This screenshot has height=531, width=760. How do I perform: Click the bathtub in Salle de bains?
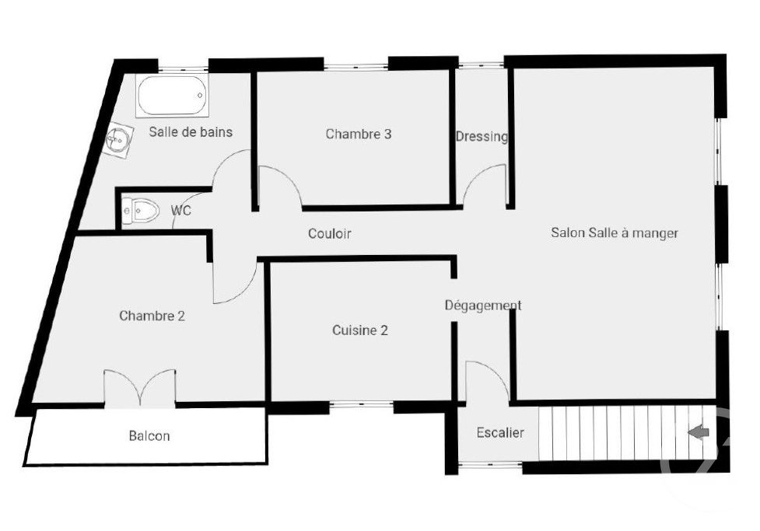[173, 96]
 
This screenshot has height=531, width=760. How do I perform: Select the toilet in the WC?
[141, 210]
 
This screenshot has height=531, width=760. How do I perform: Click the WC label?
[180, 211]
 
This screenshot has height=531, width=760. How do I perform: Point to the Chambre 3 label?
[358, 134]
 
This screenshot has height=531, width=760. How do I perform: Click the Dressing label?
[482, 137]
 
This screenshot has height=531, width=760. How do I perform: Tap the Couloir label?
[330, 233]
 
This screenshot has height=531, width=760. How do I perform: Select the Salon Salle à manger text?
[615, 232]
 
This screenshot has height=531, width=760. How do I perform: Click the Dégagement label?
[483, 306]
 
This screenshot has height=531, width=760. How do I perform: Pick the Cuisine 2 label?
[360, 330]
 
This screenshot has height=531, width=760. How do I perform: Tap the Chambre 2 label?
[152, 316]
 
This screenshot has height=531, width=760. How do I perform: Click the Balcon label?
[149, 436]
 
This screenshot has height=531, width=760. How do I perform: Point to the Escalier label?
[500, 433]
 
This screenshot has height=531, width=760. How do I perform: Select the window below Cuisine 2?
[361, 404]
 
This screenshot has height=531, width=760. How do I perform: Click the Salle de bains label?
[191, 132]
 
